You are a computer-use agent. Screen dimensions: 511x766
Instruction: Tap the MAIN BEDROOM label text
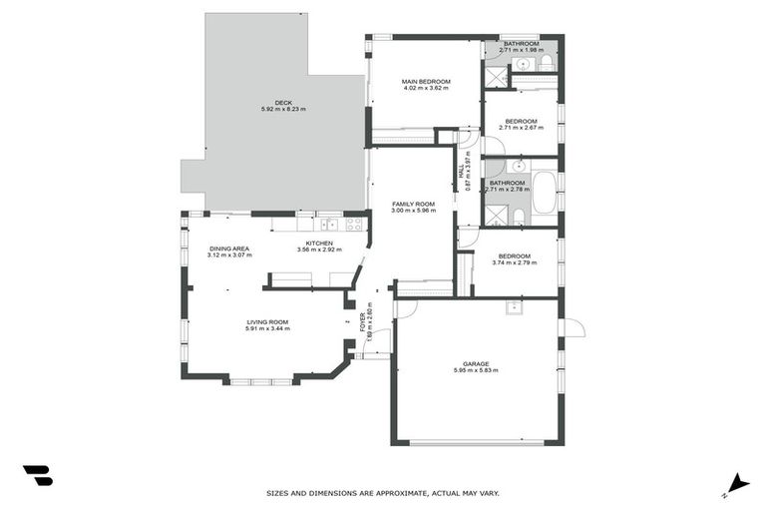click(426, 81)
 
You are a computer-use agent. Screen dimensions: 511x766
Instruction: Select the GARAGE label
click(475, 363)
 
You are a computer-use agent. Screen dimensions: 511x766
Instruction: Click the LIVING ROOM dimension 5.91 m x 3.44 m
click(267, 329)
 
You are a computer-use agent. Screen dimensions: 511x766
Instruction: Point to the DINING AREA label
click(228, 249)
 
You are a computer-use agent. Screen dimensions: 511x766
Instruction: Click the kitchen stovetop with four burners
click(354, 224)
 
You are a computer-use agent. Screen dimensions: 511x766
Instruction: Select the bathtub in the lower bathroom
click(544, 193)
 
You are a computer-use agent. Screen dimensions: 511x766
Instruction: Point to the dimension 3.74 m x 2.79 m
click(515, 262)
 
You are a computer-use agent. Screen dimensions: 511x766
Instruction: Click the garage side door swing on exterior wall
click(572, 327)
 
